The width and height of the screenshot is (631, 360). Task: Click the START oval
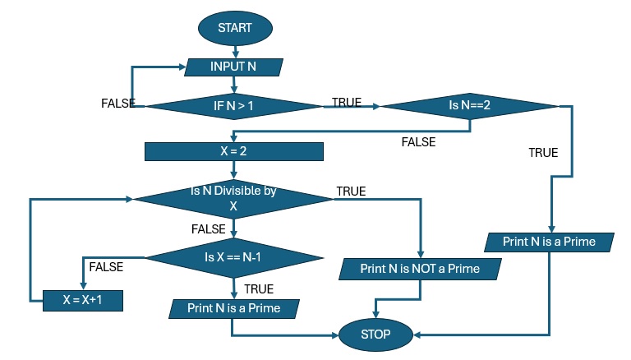(234, 28)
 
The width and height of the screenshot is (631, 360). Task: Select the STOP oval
(375, 335)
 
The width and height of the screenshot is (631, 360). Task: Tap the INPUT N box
(234, 67)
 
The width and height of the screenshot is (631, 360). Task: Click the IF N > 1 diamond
(234, 106)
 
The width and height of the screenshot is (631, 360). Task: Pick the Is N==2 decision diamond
(469, 106)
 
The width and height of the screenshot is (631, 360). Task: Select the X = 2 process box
(234, 152)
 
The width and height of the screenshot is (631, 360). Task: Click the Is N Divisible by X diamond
(234, 198)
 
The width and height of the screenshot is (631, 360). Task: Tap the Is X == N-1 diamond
(234, 257)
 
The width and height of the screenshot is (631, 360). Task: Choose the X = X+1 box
(82, 301)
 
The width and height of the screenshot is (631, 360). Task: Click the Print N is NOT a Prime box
(420, 268)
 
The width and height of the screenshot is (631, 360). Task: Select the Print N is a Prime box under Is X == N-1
(234, 309)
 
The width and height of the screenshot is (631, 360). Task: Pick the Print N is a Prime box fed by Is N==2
(550, 242)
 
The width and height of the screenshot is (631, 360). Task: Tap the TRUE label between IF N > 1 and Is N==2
(346, 103)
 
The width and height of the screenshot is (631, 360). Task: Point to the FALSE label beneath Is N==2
(418, 142)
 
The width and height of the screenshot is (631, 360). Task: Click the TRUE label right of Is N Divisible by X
(351, 192)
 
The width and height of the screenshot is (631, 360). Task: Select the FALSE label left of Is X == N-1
(106, 267)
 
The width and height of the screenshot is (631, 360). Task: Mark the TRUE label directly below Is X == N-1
(259, 289)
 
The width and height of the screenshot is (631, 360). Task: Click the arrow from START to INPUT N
(234, 51)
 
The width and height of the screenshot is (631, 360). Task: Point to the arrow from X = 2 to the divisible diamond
(234, 168)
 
